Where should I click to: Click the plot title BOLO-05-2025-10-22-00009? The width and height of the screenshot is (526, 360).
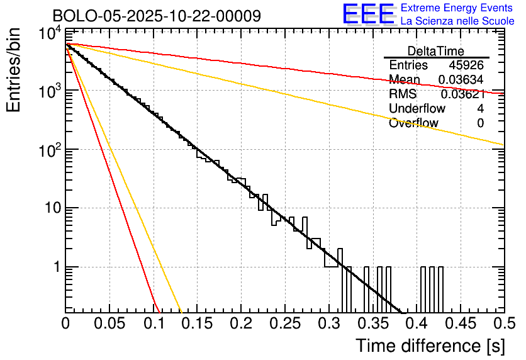[157, 15]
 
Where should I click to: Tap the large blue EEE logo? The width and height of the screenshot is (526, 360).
[368, 14]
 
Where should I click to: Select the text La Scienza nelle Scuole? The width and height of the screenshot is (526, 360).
[457, 21]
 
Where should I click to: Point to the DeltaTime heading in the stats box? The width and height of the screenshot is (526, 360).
[436, 51]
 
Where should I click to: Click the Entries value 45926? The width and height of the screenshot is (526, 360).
[466, 65]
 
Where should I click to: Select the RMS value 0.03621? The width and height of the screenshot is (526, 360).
[462, 94]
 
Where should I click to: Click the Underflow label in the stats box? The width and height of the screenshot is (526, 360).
[417, 109]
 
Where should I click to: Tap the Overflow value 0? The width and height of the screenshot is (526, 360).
[480, 123]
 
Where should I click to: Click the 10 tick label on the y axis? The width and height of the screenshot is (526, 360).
[50, 208]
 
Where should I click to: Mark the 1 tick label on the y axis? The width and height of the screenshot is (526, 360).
[55, 267]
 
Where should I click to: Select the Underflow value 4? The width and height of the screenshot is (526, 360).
[480, 109]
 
